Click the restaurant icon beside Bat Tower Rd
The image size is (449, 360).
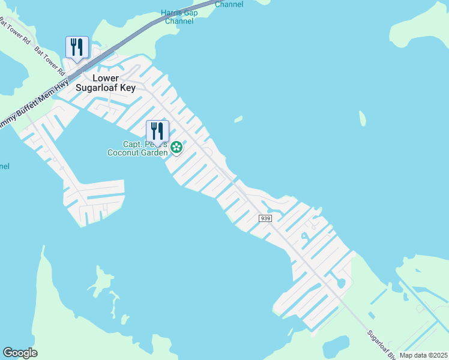pos(77,47)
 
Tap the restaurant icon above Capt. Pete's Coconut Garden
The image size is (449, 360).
pos(157,131)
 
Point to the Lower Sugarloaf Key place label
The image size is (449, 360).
pos(106,83)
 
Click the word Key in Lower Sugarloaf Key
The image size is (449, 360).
pos(127,88)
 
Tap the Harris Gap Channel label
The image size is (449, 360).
pos(179,17)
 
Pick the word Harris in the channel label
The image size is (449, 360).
pos(173,13)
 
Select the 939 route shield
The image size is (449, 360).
pos(265,218)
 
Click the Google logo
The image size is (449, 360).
pos(20,353)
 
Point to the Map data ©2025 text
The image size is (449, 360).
pos(423,355)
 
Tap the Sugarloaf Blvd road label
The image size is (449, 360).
pos(382,341)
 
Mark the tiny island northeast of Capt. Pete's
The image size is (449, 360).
pos(238,119)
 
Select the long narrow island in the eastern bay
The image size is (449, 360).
pos(362,118)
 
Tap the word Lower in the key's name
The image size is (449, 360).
pos(106,78)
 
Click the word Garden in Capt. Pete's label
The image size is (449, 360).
pos(155,153)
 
